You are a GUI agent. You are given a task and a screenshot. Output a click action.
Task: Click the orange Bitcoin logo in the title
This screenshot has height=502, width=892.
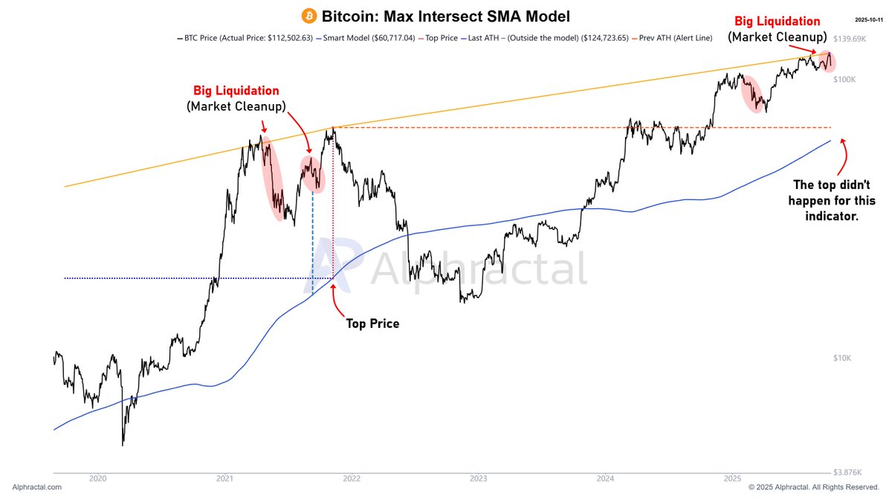point(309,16)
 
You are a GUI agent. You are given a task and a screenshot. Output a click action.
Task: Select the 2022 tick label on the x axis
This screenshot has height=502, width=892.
point(352,478)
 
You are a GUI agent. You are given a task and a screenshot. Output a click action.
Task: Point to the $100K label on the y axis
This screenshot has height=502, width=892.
point(844,80)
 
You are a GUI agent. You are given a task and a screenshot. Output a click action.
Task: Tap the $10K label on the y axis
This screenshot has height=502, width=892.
point(842,358)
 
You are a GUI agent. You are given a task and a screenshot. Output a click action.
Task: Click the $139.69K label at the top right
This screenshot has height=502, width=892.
point(850,39)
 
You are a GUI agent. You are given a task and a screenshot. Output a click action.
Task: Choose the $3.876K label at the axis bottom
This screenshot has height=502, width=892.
point(847,472)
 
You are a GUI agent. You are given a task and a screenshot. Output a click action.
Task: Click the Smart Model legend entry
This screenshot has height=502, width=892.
point(366,38)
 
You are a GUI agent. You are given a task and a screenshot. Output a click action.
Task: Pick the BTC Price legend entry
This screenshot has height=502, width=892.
point(245,38)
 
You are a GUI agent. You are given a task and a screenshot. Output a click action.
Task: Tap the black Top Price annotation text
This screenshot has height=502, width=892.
point(372,324)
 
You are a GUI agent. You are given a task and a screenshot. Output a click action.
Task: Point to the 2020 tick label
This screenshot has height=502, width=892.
point(97,478)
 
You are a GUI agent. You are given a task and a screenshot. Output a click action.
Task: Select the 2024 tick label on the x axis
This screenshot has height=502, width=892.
point(605,478)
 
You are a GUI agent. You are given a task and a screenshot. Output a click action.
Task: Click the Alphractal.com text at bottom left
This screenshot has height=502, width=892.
point(37,487)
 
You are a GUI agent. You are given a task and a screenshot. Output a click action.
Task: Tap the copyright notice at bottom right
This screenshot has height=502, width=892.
point(813,487)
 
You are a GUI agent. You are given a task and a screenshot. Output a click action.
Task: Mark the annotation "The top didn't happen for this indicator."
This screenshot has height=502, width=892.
point(832,200)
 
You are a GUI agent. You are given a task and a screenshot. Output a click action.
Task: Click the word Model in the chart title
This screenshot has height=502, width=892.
point(548,16)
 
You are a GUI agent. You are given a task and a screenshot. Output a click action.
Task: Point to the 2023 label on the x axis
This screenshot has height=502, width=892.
point(478,478)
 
